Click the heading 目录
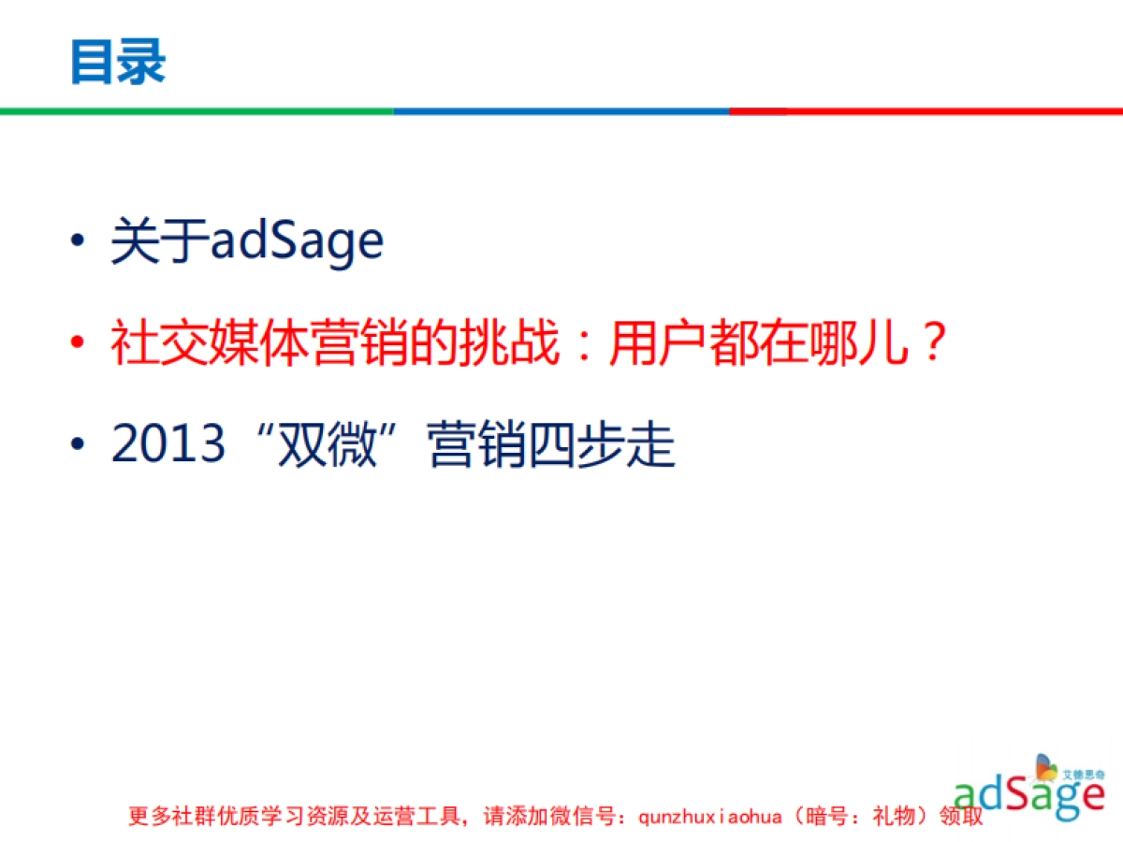[118, 63]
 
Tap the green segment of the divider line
[197, 110]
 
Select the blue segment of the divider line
[561, 110]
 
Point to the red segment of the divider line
[926, 110]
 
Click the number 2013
[168, 443]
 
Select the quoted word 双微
[328, 443]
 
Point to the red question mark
[930, 343]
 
